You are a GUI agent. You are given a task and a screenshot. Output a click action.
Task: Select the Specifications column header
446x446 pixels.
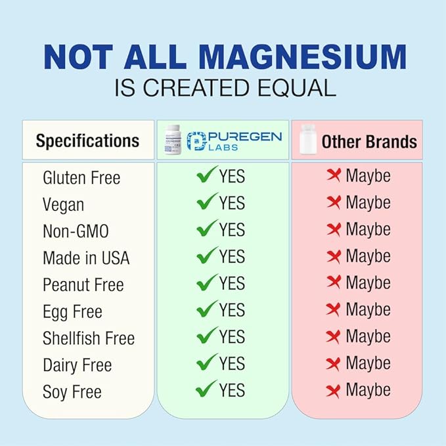tap(87, 141)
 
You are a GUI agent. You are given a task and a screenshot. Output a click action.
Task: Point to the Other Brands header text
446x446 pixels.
tap(368, 141)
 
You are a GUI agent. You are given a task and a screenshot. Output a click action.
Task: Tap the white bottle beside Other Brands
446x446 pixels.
tap(306, 139)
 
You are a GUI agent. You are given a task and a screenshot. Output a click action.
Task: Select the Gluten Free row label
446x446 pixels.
tap(81, 177)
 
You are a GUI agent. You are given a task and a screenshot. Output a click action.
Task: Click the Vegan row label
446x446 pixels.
tap(63, 204)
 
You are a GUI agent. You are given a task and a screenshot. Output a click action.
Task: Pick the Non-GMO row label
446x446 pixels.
tap(76, 231)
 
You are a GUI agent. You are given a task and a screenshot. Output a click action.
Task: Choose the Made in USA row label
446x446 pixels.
tap(86, 258)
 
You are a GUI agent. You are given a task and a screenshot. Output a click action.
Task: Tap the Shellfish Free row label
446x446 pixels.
tap(89, 338)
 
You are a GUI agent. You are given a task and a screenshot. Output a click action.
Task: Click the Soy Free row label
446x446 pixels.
tap(72, 392)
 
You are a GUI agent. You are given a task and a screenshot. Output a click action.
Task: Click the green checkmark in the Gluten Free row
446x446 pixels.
tap(206, 175)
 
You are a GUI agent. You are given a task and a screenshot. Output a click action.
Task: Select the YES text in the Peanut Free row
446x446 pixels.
tap(232, 282)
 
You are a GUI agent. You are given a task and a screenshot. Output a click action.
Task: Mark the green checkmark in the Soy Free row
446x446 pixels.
tap(206, 390)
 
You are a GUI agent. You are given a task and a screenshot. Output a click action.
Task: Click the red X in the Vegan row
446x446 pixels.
tap(334, 202)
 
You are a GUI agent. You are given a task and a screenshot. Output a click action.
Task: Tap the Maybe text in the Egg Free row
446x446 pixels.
tap(368, 309)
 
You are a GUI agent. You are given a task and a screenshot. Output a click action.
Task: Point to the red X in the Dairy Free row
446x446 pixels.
tap(334, 363)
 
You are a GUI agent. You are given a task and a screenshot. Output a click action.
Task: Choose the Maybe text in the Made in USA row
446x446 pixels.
tap(368, 256)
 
